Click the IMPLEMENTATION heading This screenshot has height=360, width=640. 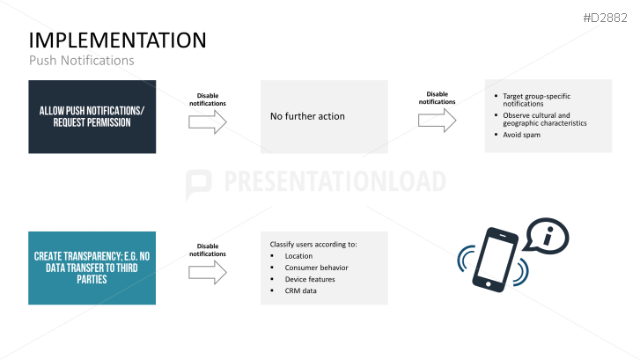118,40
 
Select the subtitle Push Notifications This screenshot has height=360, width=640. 82,61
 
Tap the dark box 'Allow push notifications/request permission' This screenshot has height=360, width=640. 92,116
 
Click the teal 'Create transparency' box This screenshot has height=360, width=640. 92,268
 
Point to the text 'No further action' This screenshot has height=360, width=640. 307,116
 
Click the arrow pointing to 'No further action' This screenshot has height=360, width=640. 208,122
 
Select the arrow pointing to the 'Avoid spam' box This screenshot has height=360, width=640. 437,120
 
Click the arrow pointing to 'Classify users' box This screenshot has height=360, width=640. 208,273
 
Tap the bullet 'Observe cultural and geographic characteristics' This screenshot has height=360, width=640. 544,119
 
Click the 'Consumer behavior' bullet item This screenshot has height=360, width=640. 317,268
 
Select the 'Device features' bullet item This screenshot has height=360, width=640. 310,279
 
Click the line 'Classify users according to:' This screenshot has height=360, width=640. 313,243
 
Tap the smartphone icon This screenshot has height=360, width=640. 497,258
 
